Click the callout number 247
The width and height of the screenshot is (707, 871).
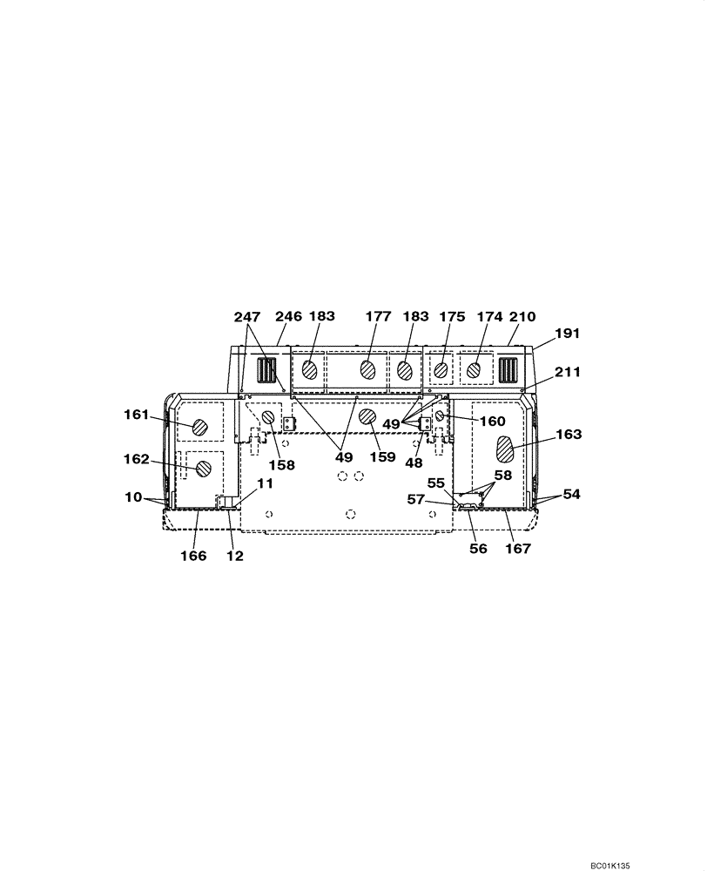[x=247, y=317]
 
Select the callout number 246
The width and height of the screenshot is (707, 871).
[x=288, y=317]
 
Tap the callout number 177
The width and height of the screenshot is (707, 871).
[x=378, y=317]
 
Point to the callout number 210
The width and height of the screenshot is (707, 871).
[x=522, y=317]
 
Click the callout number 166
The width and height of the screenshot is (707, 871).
[x=193, y=556]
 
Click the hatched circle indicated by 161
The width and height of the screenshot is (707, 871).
[x=199, y=427]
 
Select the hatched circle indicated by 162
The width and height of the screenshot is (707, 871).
[x=204, y=469]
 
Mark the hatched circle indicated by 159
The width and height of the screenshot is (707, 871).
[x=367, y=417]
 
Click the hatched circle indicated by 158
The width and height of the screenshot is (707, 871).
[x=268, y=418]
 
